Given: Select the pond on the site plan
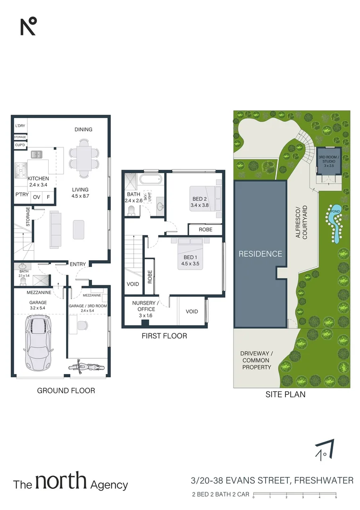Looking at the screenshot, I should tap(335, 225).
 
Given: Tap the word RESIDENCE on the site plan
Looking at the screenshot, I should tap(260, 254).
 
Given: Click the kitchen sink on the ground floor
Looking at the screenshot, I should tap(37, 154).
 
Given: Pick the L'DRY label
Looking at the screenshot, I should tap(20, 126).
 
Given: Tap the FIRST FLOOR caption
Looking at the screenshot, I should tap(164, 336).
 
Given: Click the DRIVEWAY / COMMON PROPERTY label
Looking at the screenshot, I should tap(256, 360).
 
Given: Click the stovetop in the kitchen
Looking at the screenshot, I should tap(21, 170).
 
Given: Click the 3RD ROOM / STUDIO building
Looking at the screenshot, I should tap(327, 162).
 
